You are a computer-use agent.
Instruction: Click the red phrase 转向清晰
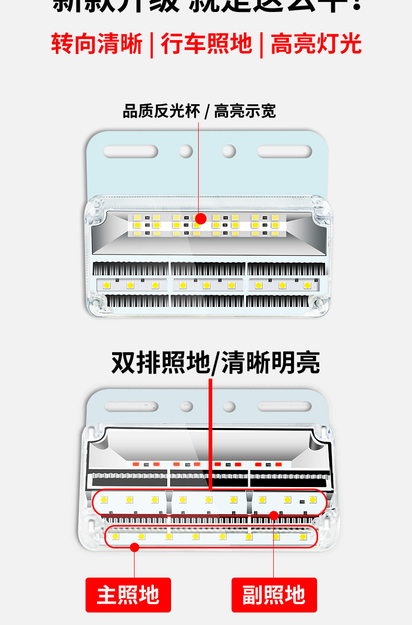click(96, 44)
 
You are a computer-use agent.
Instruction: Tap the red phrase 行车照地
click(207, 44)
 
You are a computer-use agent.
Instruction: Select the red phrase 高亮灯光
click(316, 44)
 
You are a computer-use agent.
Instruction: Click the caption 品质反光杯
click(161, 111)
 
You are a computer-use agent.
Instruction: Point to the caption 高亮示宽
click(245, 111)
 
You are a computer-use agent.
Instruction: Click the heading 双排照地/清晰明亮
click(215, 362)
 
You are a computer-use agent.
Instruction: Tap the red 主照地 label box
click(128, 595)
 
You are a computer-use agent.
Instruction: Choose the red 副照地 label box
click(274, 595)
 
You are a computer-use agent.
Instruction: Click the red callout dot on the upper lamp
click(201, 219)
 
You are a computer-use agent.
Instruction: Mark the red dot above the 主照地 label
click(135, 547)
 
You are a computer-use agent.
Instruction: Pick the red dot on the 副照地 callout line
click(273, 516)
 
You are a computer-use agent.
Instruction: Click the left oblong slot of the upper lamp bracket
click(130, 152)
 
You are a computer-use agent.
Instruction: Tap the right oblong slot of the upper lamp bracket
click(284, 152)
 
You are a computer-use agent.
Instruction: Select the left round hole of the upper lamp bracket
click(186, 152)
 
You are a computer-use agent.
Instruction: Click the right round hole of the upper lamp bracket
click(229, 152)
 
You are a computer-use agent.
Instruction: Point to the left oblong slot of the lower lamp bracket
click(131, 406)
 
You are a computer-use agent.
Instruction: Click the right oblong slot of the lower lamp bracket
click(284, 406)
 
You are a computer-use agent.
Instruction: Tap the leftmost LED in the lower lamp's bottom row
click(115, 536)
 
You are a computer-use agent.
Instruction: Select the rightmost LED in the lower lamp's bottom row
click(303, 536)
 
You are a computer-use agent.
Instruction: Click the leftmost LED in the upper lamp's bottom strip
click(107, 285)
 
